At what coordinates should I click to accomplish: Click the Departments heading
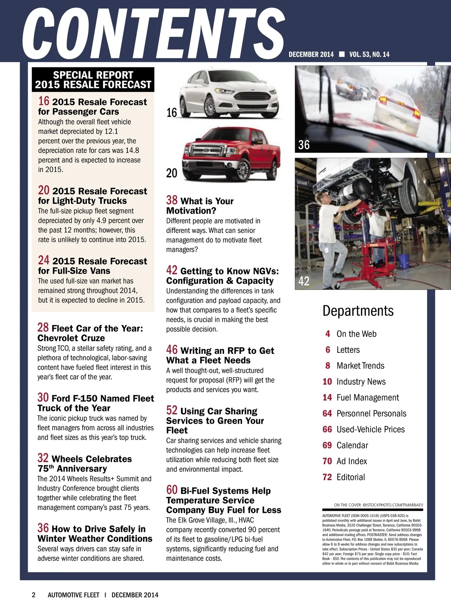(358, 311)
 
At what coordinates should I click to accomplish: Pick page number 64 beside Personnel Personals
(327, 414)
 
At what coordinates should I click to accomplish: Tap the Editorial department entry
(351, 477)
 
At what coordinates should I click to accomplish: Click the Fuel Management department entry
(368, 398)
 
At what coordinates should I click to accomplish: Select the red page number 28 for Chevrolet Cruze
(43, 327)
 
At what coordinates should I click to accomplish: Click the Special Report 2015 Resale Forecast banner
(93, 80)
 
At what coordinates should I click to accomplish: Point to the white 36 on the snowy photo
(304, 145)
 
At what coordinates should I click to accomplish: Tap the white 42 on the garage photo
(304, 281)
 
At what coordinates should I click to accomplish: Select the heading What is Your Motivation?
(200, 206)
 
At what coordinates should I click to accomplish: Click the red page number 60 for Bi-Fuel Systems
(172, 490)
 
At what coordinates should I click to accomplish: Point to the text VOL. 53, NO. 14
(369, 55)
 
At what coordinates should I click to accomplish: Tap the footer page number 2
(33, 595)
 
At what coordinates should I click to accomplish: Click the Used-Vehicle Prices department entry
(370, 429)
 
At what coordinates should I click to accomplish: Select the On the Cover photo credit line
(378, 505)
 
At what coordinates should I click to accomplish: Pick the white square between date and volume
(342, 54)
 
